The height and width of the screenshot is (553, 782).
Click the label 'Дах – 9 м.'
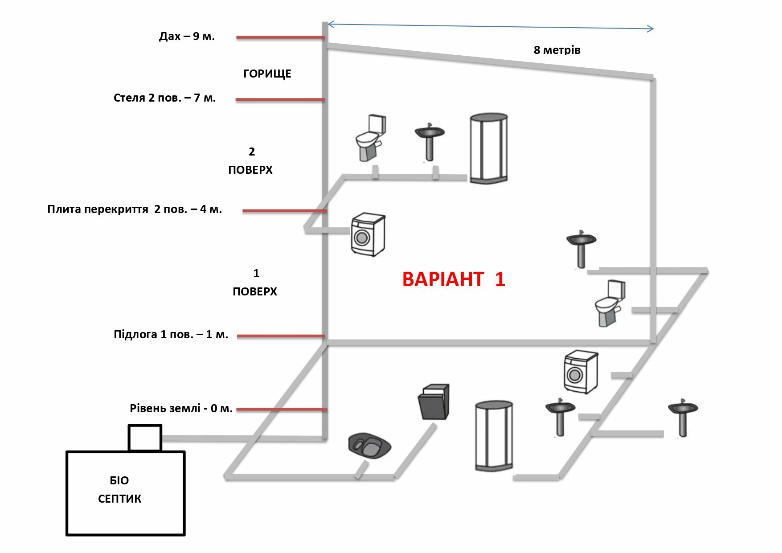tap(187, 37)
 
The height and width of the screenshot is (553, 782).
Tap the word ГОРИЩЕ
tap(267, 74)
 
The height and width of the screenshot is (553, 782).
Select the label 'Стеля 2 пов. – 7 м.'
tap(164, 98)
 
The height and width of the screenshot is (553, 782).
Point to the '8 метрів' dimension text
tap(557, 50)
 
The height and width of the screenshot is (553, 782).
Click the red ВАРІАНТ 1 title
tap(454, 279)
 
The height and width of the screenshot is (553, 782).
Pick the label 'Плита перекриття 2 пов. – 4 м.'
tap(135, 209)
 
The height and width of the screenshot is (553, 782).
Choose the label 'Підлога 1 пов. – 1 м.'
tap(171, 335)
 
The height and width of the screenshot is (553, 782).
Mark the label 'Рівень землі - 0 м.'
tap(181, 408)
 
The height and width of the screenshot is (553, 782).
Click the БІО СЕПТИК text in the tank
tap(119, 490)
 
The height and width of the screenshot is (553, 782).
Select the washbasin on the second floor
tap(429, 142)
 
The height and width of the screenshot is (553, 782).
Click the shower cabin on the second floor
tap(489, 148)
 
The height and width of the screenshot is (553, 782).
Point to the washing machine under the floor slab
tap(368, 235)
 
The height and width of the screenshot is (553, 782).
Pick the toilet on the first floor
tap(610, 303)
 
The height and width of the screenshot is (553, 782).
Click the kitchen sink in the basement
tap(369, 445)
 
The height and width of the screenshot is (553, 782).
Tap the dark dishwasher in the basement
tap(434, 401)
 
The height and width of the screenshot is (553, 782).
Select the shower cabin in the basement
tap(494, 436)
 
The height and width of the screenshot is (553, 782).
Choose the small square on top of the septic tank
tap(145, 438)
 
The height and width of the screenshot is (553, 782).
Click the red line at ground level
tap(281, 409)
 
